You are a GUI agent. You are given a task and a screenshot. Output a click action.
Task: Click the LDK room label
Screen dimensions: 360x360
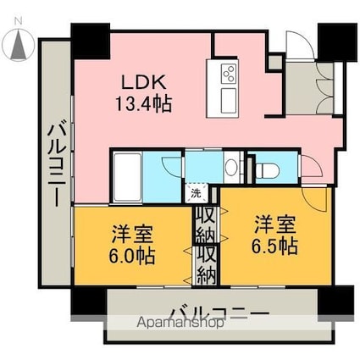point(144,83)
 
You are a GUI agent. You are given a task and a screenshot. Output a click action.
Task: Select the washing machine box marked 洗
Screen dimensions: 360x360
point(197,193)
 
